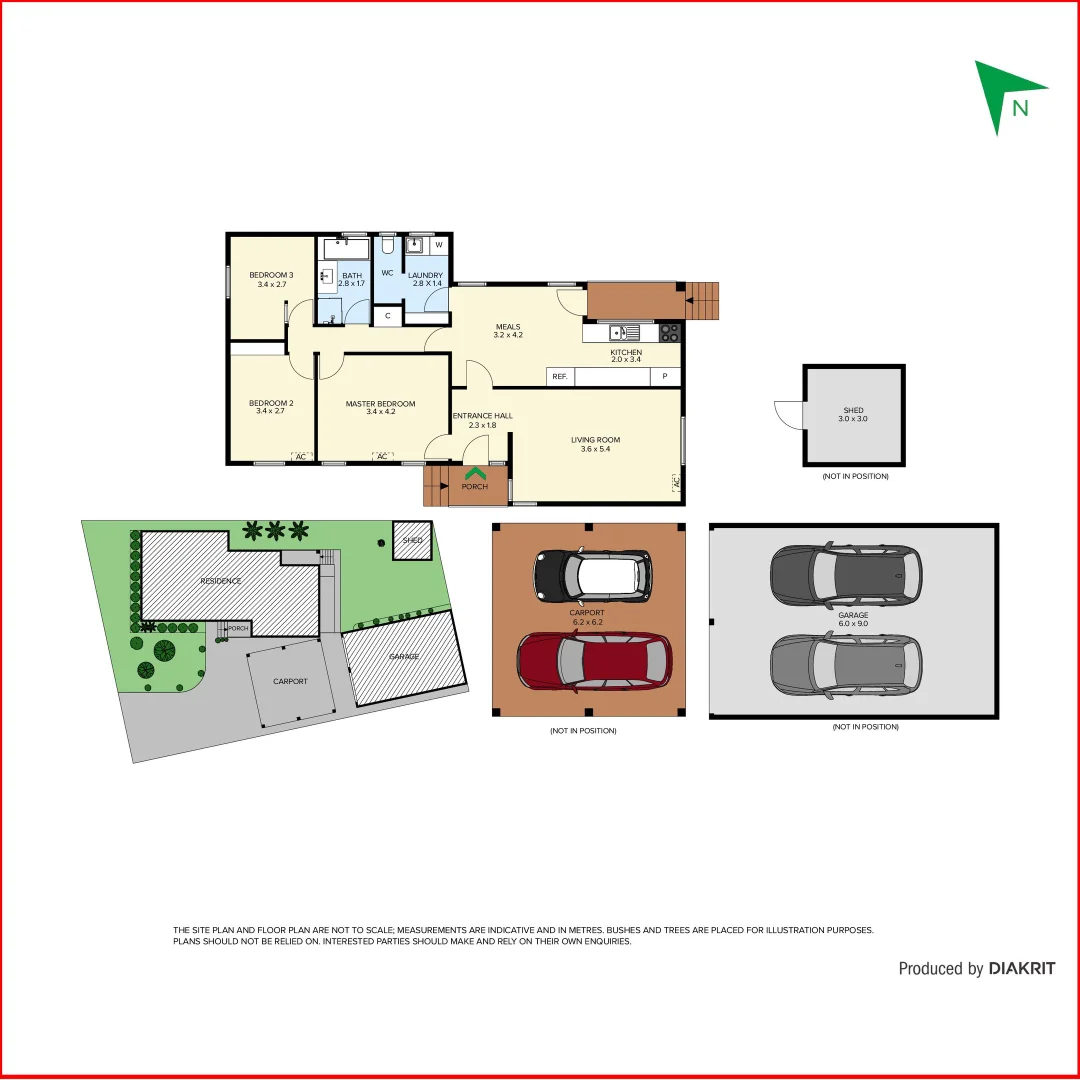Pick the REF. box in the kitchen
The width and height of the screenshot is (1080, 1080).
[x=559, y=377]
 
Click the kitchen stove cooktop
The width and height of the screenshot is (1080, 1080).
[x=670, y=333]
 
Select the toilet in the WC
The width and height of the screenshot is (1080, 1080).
[x=388, y=246]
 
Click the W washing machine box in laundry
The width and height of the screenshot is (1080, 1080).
[x=439, y=245]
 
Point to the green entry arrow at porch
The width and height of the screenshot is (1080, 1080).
[x=475, y=472]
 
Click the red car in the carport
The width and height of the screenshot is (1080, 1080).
[x=594, y=663]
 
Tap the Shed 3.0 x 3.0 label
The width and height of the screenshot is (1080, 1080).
[x=853, y=414]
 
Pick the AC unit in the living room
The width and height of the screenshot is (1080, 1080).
[x=676, y=482]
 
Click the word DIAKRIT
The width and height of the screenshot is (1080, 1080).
[x=1021, y=968]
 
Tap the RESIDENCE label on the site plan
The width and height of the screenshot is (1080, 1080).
[x=220, y=581]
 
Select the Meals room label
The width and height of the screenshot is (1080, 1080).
[x=508, y=331]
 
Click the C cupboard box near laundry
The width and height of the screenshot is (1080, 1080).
[x=387, y=316]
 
